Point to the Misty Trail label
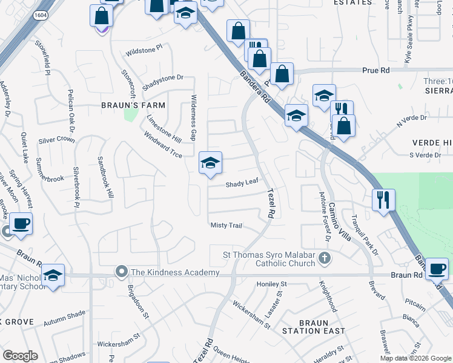pyautogui.click(x=226, y=226)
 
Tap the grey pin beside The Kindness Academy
pyautogui.click(x=122, y=272)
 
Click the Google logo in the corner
pyautogui.click(x=20, y=356)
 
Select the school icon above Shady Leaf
pyautogui.click(x=210, y=163)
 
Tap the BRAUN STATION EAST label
pyautogui.click(x=313, y=331)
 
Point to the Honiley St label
pyautogui.click(x=271, y=284)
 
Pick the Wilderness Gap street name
pyautogui.click(x=193, y=117)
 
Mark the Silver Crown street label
pyautogui.click(x=56, y=140)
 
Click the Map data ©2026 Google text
pyautogui.click(x=415, y=358)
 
